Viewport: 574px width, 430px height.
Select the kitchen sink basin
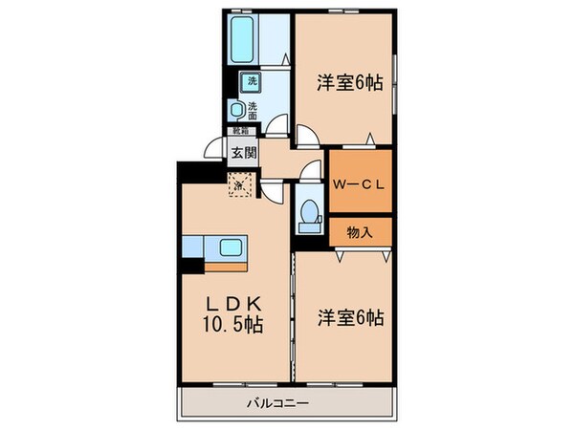click(231, 247)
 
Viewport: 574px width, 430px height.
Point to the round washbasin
click(235, 108)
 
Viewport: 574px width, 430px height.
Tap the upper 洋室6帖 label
click(350, 83)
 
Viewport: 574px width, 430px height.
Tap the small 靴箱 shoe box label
click(234, 130)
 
